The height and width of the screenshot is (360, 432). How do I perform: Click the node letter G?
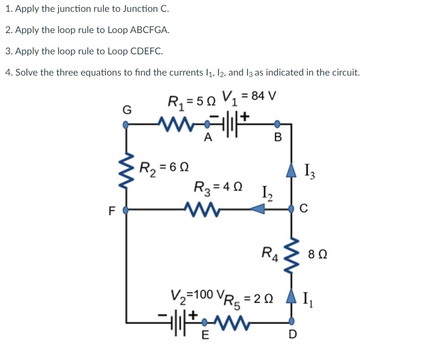click(126, 110)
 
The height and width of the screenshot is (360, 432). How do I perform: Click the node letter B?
click(278, 138)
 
